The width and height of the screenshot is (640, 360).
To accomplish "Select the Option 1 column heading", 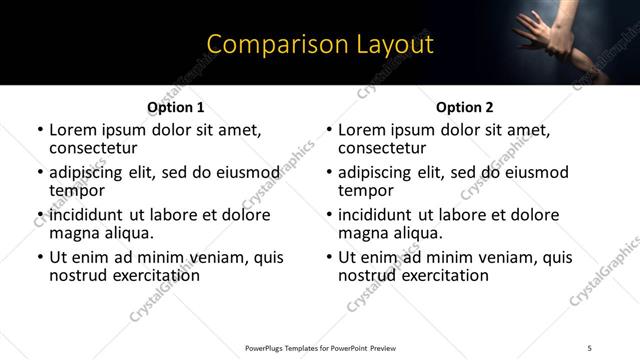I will pyautogui.click(x=175, y=107).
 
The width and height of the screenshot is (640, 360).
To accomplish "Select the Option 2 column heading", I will pyautogui.click(x=464, y=107).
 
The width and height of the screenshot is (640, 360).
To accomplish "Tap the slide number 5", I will pyautogui.click(x=589, y=348).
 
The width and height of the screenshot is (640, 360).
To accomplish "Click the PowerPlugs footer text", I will pyautogui.click(x=321, y=348).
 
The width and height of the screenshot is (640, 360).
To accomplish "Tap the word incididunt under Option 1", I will pyautogui.click(x=87, y=215).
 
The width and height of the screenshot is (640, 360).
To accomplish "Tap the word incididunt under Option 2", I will pyautogui.click(x=376, y=215).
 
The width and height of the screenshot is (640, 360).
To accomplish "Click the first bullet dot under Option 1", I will pyautogui.click(x=40, y=130).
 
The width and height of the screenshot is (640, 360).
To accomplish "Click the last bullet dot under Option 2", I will pyautogui.click(x=329, y=258).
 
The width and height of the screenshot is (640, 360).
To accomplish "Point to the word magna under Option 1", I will pyautogui.click(x=73, y=233).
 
